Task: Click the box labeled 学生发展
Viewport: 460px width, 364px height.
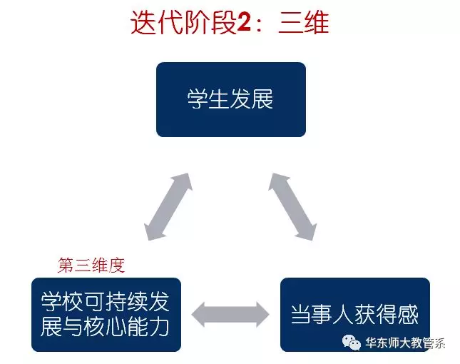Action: [x=231, y=99]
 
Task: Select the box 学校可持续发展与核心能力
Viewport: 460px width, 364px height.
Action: [x=106, y=314]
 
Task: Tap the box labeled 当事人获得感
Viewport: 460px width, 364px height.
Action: [x=355, y=314]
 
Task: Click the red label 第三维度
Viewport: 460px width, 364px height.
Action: [x=91, y=265]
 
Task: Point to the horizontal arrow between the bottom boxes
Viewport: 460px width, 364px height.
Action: [x=230, y=314]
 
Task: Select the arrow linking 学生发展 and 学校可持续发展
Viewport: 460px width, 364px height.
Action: [x=168, y=207]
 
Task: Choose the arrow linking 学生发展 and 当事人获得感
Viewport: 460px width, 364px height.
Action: [x=292, y=207]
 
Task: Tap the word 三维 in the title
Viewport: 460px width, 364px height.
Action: [x=303, y=23]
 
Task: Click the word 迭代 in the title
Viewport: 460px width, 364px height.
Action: [x=157, y=23]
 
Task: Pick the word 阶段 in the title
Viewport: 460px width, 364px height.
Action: [x=210, y=23]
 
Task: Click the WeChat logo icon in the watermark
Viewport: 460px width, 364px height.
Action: [x=351, y=343]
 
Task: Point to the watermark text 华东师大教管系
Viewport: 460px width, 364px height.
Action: [x=405, y=343]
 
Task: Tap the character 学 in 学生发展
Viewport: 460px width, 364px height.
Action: [x=198, y=99]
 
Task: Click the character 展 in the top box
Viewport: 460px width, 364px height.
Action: [x=262, y=99]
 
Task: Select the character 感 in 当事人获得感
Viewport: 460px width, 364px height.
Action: [x=408, y=315]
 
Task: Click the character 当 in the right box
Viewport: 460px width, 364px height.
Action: [x=301, y=315]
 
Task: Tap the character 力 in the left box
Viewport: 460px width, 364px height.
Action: [x=159, y=327]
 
